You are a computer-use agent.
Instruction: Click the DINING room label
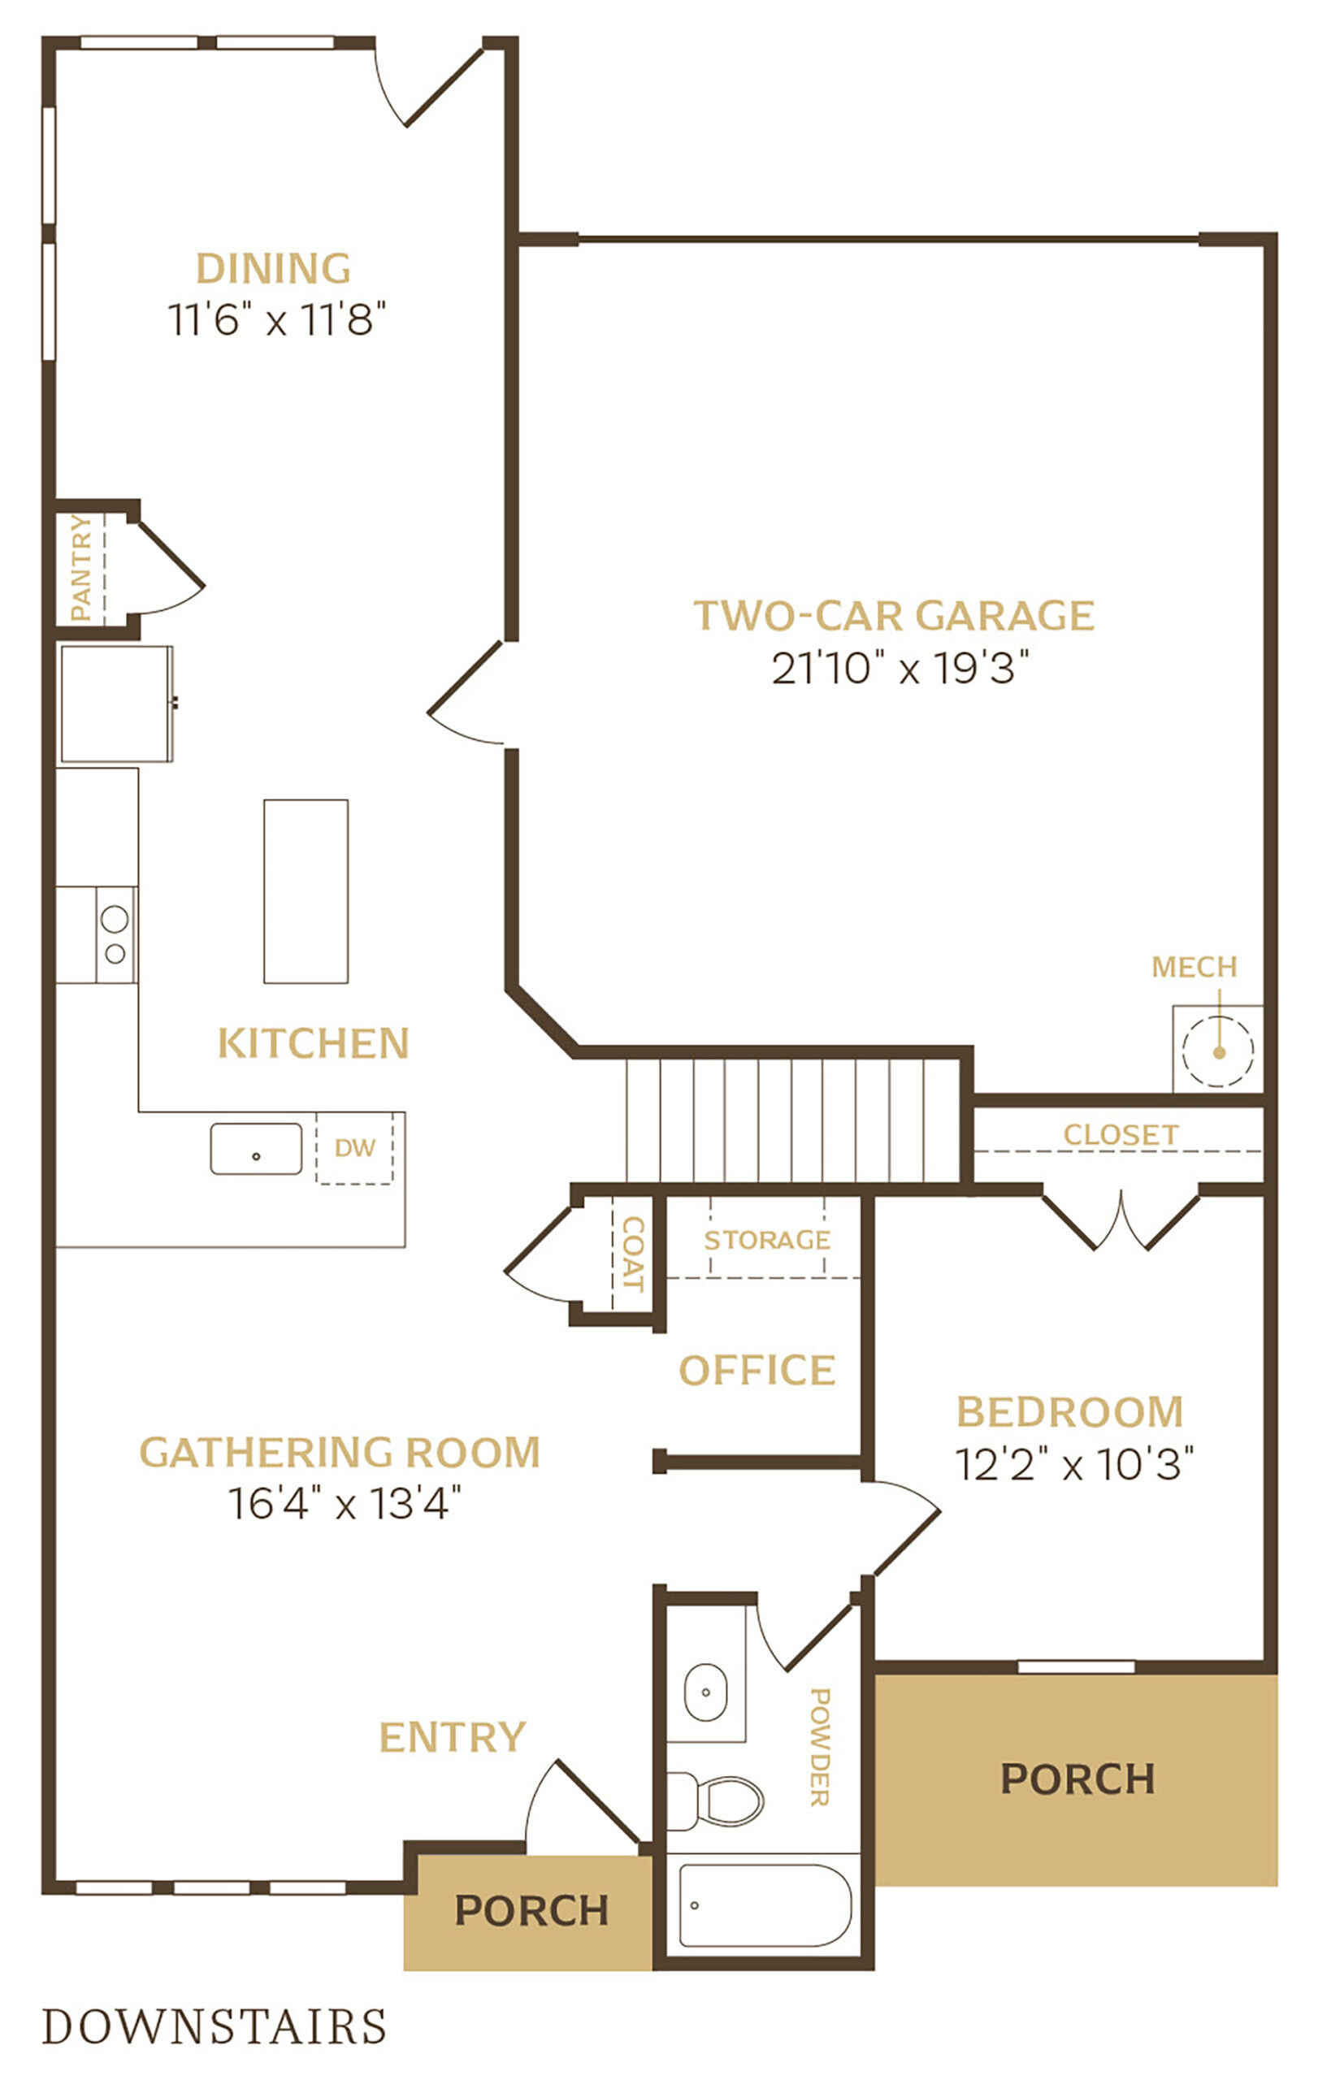point(273,268)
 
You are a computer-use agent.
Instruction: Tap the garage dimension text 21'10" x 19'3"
point(900,668)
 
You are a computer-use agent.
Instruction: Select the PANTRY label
point(80,567)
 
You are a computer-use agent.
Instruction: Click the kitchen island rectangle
point(306,890)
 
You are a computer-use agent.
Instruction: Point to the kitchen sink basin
point(256,1148)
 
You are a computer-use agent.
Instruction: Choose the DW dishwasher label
point(355,1147)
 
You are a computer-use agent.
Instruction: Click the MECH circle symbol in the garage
point(1217,1051)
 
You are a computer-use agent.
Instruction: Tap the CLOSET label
point(1121,1134)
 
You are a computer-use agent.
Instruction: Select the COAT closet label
point(633,1254)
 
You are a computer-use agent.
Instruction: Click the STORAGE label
point(767,1240)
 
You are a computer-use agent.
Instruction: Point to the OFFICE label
point(757,1370)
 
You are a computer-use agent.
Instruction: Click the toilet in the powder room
point(716,1800)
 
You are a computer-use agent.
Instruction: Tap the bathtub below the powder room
point(765,1904)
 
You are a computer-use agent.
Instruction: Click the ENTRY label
point(453,1736)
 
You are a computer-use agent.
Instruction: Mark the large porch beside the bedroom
point(1077,1779)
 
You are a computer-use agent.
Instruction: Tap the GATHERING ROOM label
point(340,1452)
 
